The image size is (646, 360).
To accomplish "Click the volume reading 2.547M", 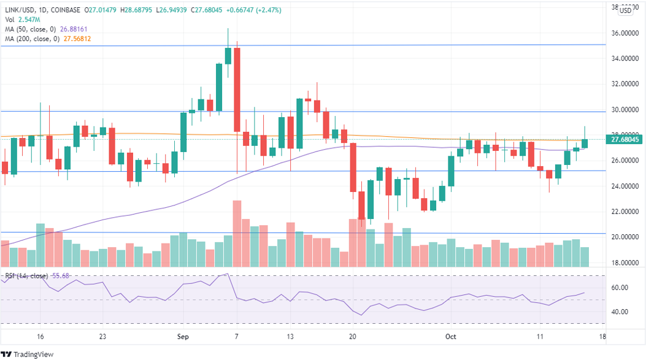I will click(29, 19).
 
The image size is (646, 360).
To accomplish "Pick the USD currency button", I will click(625, 10).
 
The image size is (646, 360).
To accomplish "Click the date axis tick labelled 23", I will click(102, 337).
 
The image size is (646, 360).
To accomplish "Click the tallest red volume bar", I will click(237, 233).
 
